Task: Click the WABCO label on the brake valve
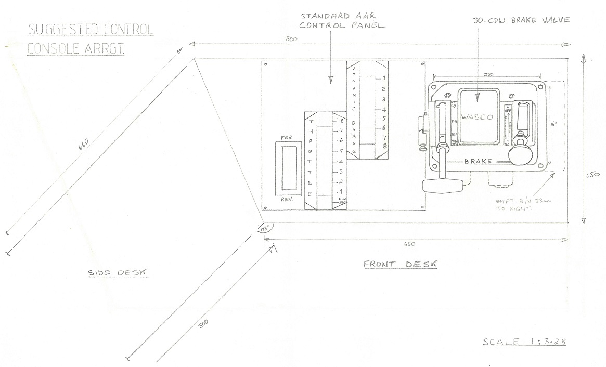tap(477, 118)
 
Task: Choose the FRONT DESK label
tap(400, 264)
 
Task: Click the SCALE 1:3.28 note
tap(524, 342)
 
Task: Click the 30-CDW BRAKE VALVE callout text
tap(521, 20)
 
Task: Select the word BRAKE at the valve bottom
tap(478, 162)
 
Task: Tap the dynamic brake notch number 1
tap(383, 78)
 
